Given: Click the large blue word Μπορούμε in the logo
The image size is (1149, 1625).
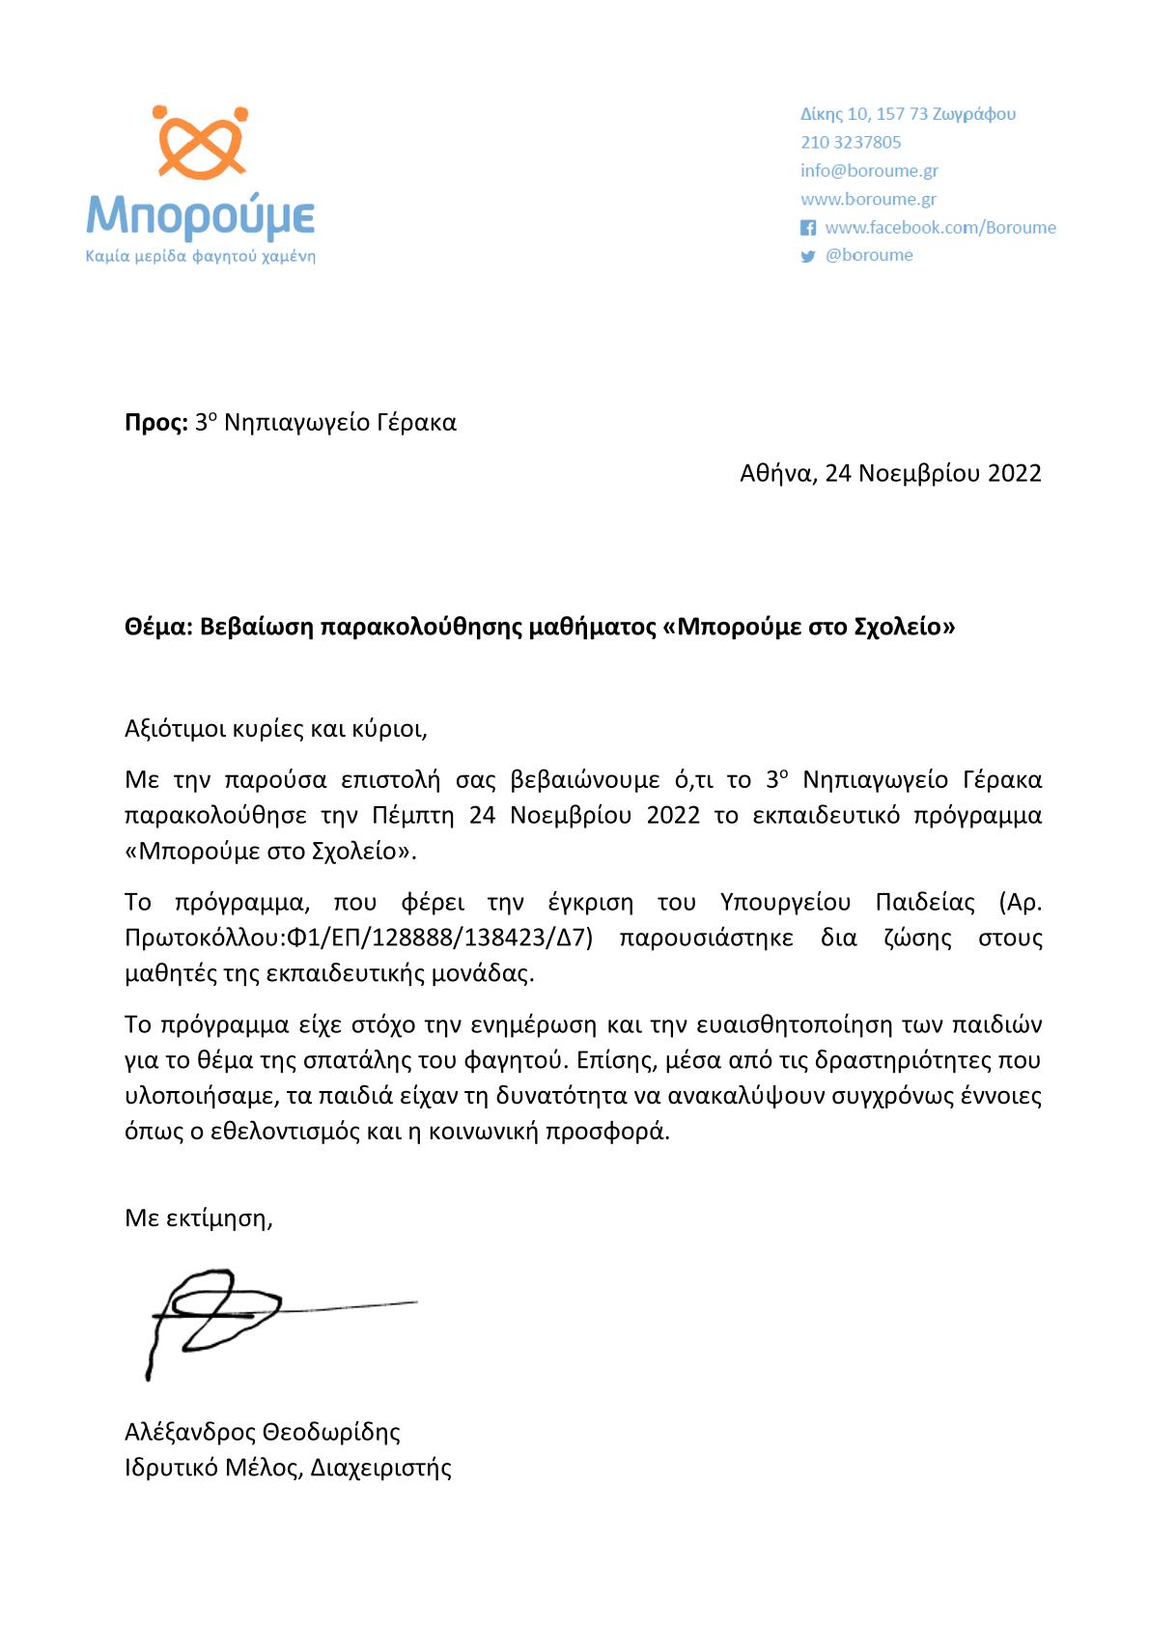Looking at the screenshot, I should click(x=201, y=216).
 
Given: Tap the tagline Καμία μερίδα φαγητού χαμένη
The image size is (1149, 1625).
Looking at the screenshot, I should click(x=201, y=257).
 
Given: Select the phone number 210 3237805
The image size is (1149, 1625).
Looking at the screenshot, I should click(x=851, y=142).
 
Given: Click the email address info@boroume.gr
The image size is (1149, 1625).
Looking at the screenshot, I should click(x=869, y=171).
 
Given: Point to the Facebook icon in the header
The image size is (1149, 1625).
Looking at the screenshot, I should click(x=808, y=228).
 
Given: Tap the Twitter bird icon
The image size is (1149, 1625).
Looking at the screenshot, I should click(x=808, y=256).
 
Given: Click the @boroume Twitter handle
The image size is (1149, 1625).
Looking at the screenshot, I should click(x=869, y=255).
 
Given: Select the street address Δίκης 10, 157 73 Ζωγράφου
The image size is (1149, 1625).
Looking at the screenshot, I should click(x=908, y=114).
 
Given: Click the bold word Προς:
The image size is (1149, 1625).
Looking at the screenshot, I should click(x=155, y=423).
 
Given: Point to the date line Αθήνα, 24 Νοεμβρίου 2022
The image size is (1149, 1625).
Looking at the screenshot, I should click(x=890, y=473).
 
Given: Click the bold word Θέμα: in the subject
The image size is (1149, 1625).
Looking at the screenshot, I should click(x=158, y=628).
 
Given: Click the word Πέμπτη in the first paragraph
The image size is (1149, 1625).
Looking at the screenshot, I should click(x=412, y=815).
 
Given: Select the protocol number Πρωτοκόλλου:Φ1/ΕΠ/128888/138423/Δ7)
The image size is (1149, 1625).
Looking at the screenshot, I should click(x=358, y=939).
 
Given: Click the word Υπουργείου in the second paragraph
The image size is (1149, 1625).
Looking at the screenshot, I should click(x=785, y=903).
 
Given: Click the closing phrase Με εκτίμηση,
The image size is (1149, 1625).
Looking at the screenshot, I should click(x=199, y=1219).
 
